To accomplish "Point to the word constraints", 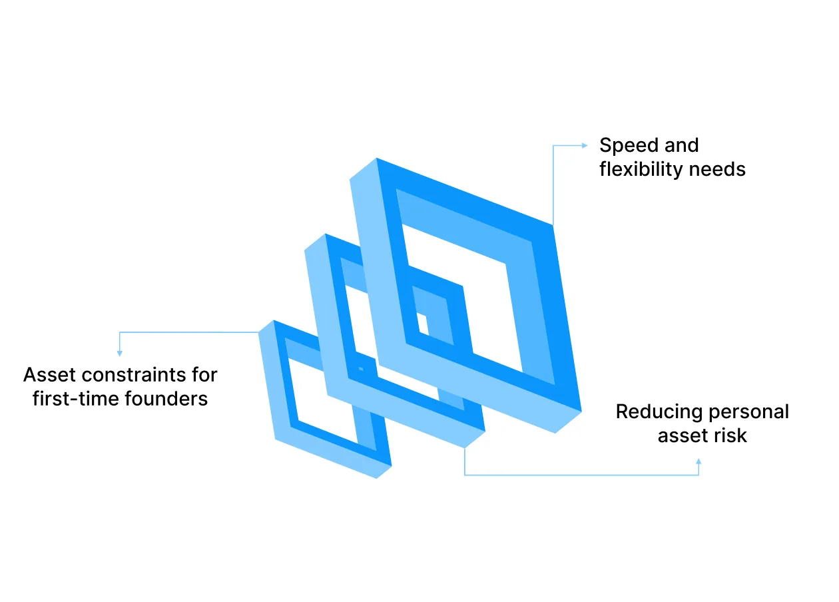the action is pos(134,375).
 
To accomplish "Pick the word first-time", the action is pos(76,399).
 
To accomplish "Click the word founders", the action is pos(166,399).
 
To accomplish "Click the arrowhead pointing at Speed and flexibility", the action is pos(585,145).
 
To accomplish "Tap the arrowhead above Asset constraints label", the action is pos(119,353).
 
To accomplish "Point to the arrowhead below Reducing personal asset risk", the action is pos(699,461).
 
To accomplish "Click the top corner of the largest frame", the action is pos(377,158).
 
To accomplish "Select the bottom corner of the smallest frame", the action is pos(376,478).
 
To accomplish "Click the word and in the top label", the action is pos(681,145).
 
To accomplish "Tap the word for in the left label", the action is pos(204,375).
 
